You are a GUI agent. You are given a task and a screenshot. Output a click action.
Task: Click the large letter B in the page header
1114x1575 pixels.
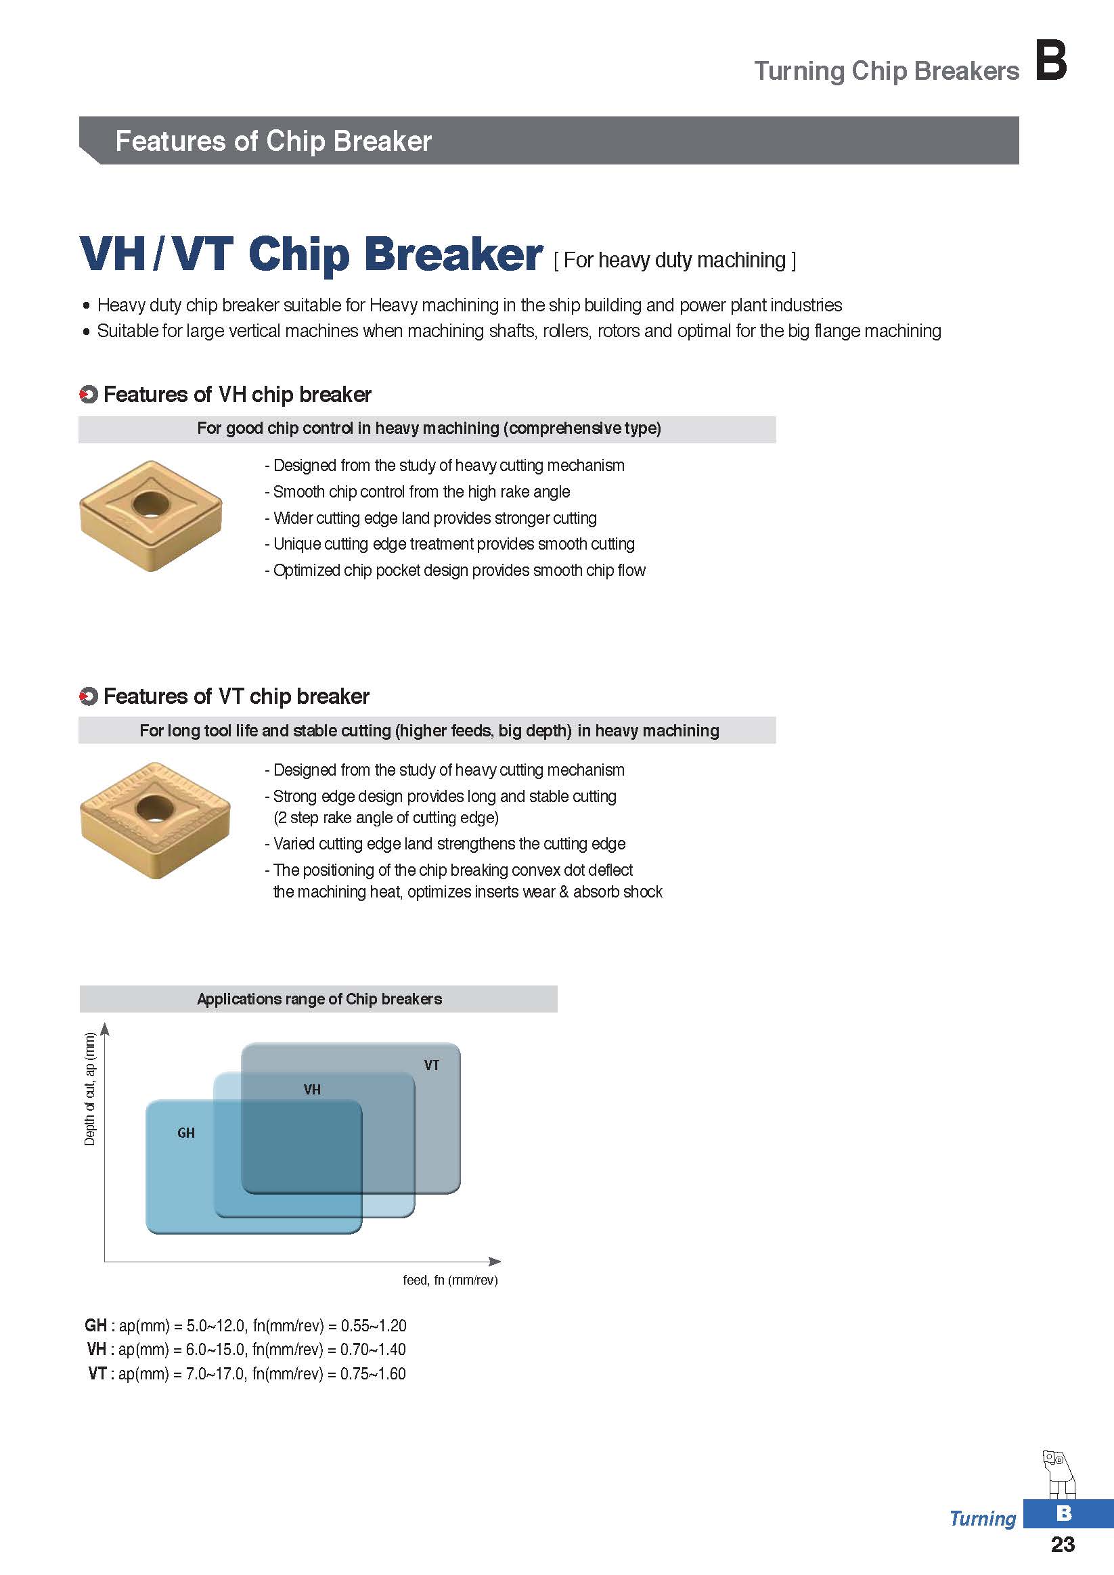(1050, 60)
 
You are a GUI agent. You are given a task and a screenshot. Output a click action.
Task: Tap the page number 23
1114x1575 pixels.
(1063, 1543)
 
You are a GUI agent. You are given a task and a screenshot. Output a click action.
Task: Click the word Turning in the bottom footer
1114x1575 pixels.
(982, 1519)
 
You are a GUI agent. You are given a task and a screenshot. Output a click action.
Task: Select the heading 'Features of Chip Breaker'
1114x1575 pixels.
(273, 141)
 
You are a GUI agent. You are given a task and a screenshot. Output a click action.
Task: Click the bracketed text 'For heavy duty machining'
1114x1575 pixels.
(674, 260)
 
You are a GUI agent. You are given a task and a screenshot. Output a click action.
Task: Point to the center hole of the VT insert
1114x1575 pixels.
(154, 808)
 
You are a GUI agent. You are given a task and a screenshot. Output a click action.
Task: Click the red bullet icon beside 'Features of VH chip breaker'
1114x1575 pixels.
(89, 395)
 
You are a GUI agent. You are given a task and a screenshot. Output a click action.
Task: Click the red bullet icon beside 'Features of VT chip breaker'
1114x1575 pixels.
(89, 697)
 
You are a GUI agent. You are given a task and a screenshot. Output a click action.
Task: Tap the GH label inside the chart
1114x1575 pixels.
(186, 1132)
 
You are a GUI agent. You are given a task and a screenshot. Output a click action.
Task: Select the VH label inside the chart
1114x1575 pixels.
(312, 1089)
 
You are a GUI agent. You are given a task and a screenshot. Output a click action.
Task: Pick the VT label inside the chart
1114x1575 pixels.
(432, 1065)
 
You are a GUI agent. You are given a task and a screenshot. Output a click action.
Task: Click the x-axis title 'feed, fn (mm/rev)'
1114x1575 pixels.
(450, 1280)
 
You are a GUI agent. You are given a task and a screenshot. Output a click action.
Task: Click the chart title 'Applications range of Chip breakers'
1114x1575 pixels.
(319, 999)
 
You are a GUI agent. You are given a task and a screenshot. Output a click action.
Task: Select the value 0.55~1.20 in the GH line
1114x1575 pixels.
(373, 1325)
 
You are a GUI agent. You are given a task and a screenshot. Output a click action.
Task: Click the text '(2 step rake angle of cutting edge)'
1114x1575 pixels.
(386, 818)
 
